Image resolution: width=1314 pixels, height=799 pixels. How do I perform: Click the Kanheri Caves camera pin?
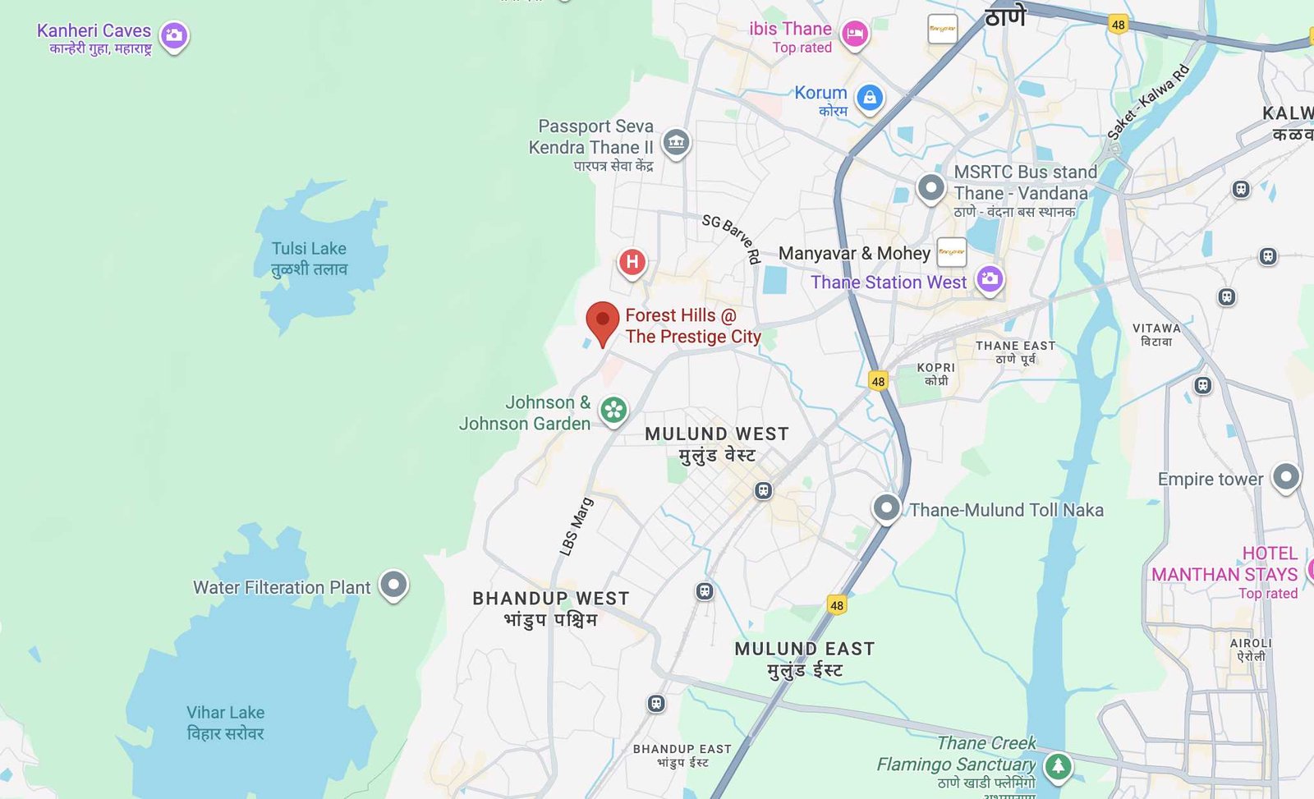(x=173, y=35)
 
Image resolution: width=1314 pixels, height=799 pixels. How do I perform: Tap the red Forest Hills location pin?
(x=602, y=321)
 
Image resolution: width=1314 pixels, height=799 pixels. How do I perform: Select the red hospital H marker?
(x=632, y=262)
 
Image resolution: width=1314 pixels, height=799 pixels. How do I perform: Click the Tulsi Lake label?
(x=309, y=258)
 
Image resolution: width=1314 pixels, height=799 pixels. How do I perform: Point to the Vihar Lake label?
(x=225, y=723)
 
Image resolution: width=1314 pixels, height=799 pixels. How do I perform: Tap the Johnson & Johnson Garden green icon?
(x=613, y=410)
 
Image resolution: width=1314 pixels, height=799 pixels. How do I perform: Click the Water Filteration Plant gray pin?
(x=393, y=585)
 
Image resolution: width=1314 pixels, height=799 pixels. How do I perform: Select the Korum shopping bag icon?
(x=869, y=99)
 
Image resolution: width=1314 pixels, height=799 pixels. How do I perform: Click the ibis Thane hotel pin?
(x=855, y=34)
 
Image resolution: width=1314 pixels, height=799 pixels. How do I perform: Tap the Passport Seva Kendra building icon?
(x=676, y=142)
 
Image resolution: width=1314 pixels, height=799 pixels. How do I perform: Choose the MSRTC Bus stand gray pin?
(x=930, y=187)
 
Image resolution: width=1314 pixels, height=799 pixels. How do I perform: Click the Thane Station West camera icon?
(x=990, y=279)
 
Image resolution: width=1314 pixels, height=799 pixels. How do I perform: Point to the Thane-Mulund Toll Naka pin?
(x=886, y=507)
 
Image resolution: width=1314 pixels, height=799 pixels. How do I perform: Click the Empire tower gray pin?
(x=1285, y=476)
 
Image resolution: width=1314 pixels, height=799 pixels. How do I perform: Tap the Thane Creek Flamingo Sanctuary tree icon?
(x=1058, y=766)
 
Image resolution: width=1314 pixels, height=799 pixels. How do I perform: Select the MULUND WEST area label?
(x=716, y=443)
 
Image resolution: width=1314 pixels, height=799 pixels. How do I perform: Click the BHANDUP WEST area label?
(x=550, y=608)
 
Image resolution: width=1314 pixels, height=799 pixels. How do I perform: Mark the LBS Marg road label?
(x=576, y=526)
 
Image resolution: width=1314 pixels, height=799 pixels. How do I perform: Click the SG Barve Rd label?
(x=731, y=237)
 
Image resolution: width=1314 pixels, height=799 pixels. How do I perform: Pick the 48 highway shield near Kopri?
(x=878, y=381)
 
